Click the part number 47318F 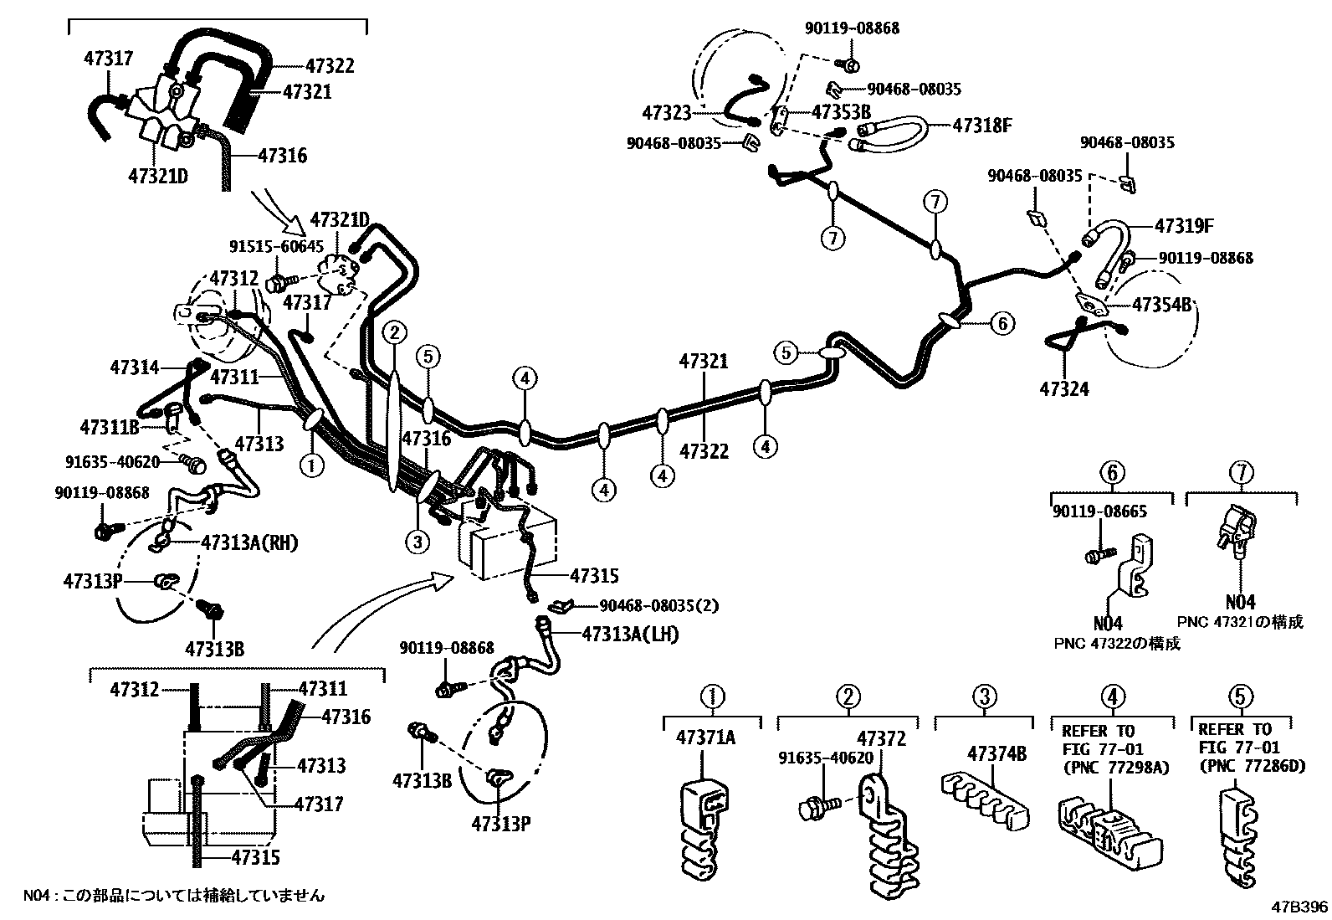pyautogui.click(x=982, y=126)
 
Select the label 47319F pyautogui.click(x=1184, y=226)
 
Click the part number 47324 pyautogui.click(x=1064, y=388)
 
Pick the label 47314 pyautogui.click(x=134, y=367)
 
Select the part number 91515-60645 pyautogui.click(x=276, y=246)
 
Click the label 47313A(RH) pyautogui.click(x=249, y=542)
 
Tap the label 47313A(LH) pyautogui.click(x=630, y=635)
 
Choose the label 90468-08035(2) pyautogui.click(x=658, y=605)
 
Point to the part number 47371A pyautogui.click(x=705, y=738)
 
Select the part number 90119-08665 pyautogui.click(x=1099, y=511)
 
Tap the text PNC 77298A pyautogui.click(x=1116, y=766)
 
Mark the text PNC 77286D pyautogui.click(x=1252, y=766)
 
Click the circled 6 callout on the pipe pyautogui.click(x=1002, y=323)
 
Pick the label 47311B pyautogui.click(x=109, y=428)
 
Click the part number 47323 pyautogui.click(x=667, y=112)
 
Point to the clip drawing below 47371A pyautogui.click(x=701, y=829)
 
